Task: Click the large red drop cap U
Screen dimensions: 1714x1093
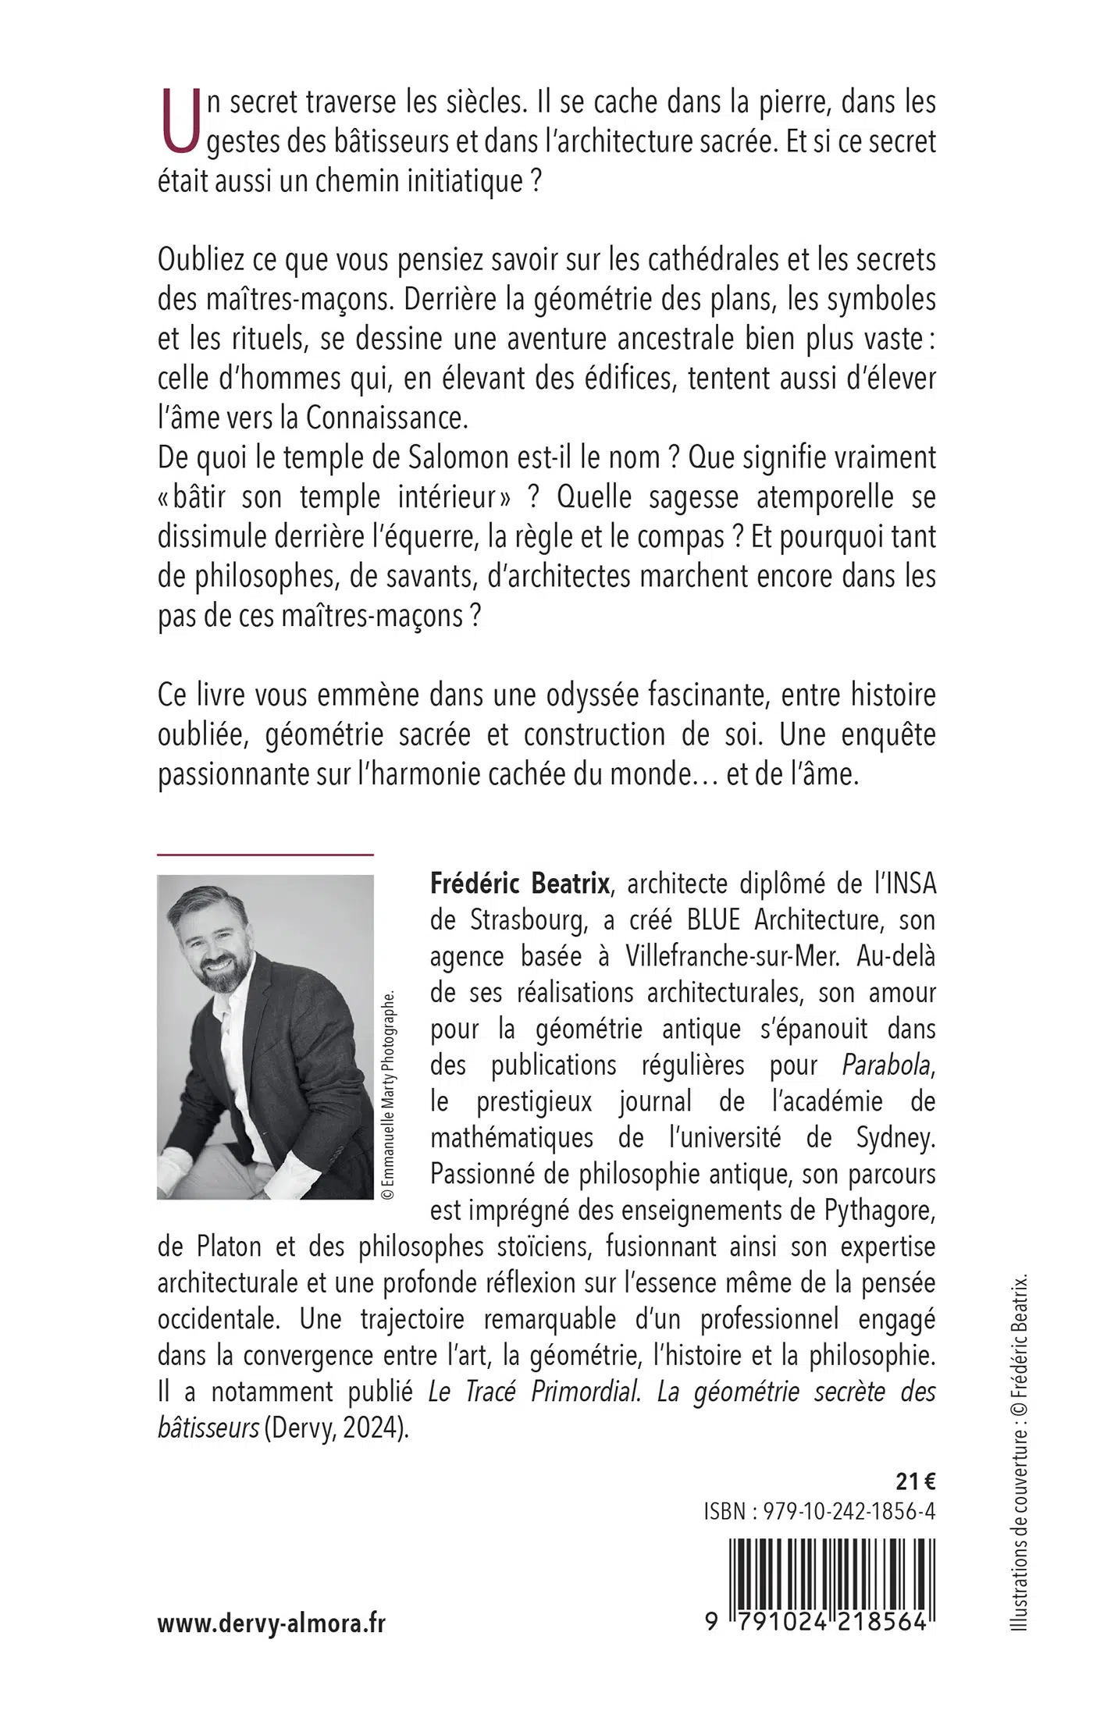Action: coord(178,121)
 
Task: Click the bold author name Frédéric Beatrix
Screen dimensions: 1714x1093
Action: coord(519,884)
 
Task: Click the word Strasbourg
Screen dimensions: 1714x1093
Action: coord(528,920)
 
